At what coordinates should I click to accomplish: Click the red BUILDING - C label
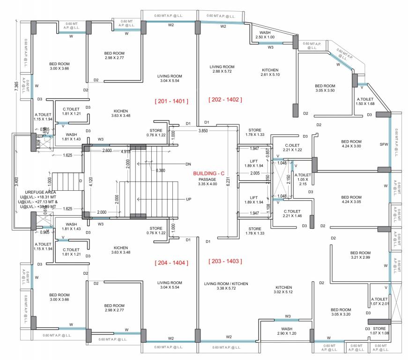pyautogui.click(x=209, y=173)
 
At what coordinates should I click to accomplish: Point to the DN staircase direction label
pyautogui.click(x=188, y=164)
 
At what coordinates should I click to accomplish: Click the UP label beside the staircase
pyautogui.click(x=188, y=199)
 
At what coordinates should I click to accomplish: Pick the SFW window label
pyautogui.click(x=384, y=145)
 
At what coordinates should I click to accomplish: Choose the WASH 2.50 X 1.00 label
pyautogui.click(x=265, y=35)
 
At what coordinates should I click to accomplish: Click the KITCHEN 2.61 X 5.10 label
pyautogui.click(x=270, y=73)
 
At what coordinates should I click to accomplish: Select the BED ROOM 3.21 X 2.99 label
pyautogui.click(x=360, y=255)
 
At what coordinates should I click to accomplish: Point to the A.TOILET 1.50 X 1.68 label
pyautogui.click(x=365, y=101)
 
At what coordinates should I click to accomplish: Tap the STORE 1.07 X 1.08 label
pyautogui.click(x=380, y=331)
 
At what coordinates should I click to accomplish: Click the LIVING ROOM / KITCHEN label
pyautogui.click(x=226, y=286)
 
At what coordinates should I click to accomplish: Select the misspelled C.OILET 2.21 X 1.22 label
pyautogui.click(x=287, y=147)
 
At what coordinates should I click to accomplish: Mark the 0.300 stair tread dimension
pyautogui.click(x=161, y=170)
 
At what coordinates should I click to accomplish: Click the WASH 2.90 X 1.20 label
pyautogui.click(x=287, y=331)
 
